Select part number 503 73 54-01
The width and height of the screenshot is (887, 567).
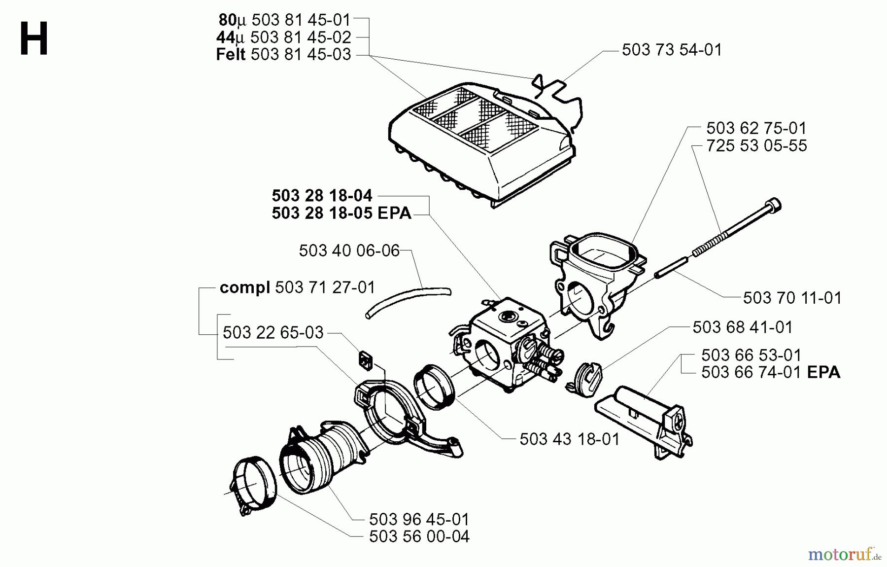(671, 50)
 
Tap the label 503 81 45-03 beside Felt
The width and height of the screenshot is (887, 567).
(301, 55)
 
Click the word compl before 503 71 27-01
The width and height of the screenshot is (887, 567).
(244, 287)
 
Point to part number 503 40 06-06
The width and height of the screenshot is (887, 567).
(349, 250)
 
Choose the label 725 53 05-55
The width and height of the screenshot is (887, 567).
(756, 146)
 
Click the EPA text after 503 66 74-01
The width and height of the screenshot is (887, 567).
(823, 372)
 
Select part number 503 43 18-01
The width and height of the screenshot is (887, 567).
(569, 439)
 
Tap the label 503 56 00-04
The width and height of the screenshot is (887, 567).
(419, 536)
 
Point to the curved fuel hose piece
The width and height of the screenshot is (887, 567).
(409, 301)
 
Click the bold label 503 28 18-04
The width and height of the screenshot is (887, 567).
(322, 196)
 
